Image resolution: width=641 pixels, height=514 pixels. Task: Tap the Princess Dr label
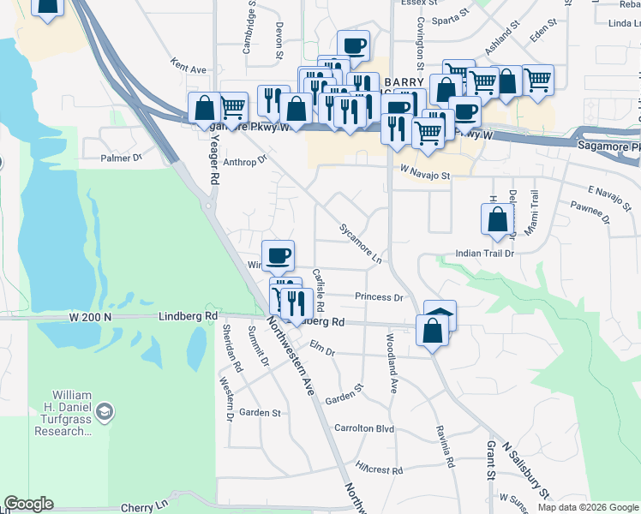pyautogui.click(x=379, y=297)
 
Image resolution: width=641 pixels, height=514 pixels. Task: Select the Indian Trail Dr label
pyautogui.click(x=484, y=254)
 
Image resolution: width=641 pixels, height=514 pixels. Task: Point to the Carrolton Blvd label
pyautogui.click(x=363, y=428)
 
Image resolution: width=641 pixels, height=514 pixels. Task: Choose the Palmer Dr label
pyautogui.click(x=121, y=158)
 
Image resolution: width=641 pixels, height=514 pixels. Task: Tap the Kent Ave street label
pyautogui.click(x=189, y=68)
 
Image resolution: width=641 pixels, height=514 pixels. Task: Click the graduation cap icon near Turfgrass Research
pyautogui.click(x=104, y=412)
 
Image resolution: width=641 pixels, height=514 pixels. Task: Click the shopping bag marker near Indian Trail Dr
pyautogui.click(x=498, y=219)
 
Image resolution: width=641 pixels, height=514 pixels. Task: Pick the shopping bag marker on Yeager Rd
pyautogui.click(x=205, y=108)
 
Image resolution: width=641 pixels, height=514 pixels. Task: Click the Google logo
pyautogui.click(x=28, y=504)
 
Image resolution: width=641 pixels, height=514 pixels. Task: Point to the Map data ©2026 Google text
pyautogui.click(x=587, y=507)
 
